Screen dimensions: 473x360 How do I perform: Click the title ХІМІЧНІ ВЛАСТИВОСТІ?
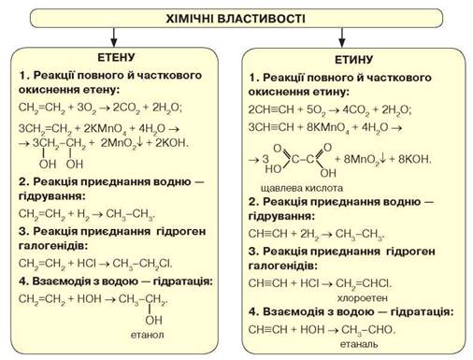pyautogui.click(x=236, y=19)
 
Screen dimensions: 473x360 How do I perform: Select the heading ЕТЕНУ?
pyautogui.click(x=116, y=57)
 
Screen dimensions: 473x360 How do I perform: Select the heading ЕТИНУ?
pyautogui.click(x=353, y=59)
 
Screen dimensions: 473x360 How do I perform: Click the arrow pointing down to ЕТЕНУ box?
pyautogui.click(x=114, y=37)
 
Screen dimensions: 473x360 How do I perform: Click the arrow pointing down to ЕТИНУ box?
pyautogui.click(x=342, y=37)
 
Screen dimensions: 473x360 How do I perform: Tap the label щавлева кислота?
pyautogui.click(x=302, y=188)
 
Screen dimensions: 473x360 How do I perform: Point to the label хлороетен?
pyautogui.click(x=362, y=298)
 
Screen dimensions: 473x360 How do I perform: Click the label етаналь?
pyautogui.click(x=359, y=344)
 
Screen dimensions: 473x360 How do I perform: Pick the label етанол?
pyautogui.click(x=147, y=335)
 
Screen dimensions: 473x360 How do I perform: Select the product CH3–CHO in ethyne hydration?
pyautogui.click(x=368, y=330)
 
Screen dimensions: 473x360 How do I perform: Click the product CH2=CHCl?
pyautogui.click(x=364, y=283)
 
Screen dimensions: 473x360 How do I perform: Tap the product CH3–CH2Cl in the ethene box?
pyautogui.click(x=142, y=264)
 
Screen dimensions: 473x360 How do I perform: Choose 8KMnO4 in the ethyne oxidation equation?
pyautogui.click(x=328, y=128)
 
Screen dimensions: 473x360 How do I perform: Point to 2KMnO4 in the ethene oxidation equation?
pyautogui.click(x=106, y=129)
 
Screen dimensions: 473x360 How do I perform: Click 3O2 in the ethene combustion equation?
pyautogui.click(x=87, y=108)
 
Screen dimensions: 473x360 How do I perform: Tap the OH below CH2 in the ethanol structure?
pyautogui.click(x=153, y=320)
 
